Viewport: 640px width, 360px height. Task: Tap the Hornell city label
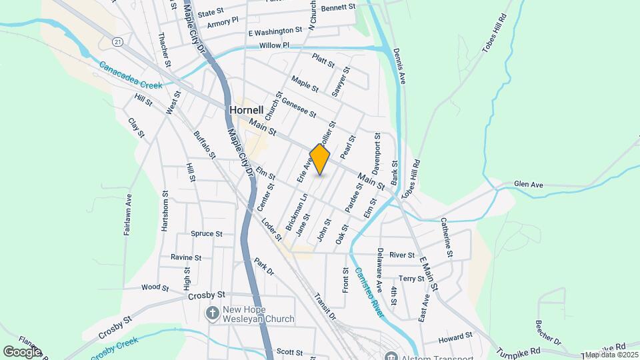pos(246,109)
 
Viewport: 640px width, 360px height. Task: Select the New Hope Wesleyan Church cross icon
pos(213,313)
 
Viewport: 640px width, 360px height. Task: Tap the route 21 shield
pos(118,42)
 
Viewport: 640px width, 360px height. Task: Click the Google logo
pos(22,351)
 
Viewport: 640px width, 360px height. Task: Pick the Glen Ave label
pos(529,184)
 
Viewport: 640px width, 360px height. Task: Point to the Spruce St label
pos(206,234)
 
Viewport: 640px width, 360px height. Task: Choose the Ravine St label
pos(185,257)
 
